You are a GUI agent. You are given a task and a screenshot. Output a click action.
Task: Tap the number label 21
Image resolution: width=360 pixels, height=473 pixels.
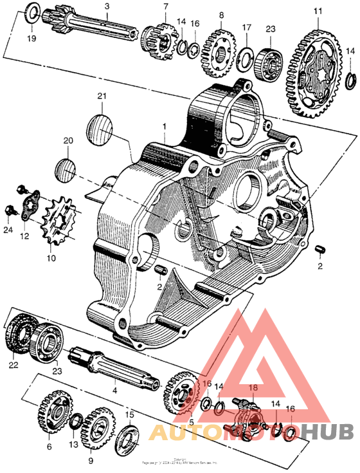pyautogui.click(x=101, y=97)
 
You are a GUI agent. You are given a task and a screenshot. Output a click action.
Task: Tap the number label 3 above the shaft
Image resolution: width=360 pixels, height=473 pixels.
pyautogui.click(x=107, y=6)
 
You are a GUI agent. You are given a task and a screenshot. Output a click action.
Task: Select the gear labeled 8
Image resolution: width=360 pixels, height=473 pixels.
pyautogui.click(x=217, y=46)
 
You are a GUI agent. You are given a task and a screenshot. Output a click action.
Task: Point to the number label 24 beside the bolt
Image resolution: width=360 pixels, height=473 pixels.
pyautogui.click(x=8, y=230)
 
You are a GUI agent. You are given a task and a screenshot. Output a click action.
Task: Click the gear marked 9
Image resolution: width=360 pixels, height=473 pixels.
pyautogui.click(x=96, y=428)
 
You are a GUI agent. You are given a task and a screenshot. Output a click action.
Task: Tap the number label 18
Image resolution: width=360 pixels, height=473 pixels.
pyautogui.click(x=253, y=388)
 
